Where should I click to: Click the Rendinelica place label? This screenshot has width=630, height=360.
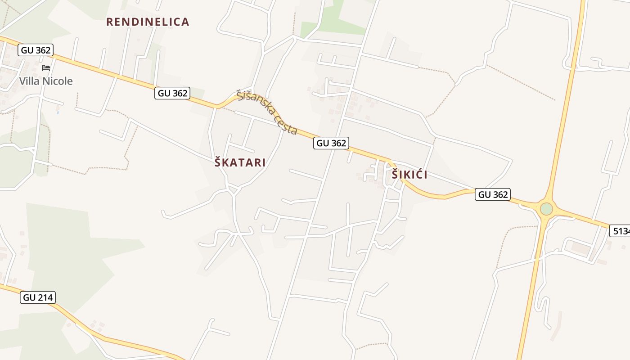(x=148, y=22)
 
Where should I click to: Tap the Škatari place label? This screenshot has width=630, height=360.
(x=240, y=162)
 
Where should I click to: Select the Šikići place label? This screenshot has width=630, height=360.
(x=409, y=175)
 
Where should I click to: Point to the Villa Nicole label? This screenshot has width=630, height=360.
(x=45, y=81)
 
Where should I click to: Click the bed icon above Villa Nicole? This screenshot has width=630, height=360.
(x=46, y=68)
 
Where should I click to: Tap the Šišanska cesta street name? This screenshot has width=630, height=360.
(x=267, y=112)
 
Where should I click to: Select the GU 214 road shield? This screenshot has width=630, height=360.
(x=38, y=297)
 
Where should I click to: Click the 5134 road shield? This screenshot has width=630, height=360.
(x=621, y=231)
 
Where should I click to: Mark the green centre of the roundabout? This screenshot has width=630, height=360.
(x=546, y=209)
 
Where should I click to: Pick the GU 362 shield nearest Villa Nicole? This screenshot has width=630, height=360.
(x=36, y=50)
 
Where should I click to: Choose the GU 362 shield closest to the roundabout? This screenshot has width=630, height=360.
(x=493, y=194)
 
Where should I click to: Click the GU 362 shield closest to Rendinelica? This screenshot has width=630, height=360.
(x=172, y=93)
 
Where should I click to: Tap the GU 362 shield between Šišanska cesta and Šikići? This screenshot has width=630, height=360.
(x=331, y=143)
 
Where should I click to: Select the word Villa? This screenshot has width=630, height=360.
(x=28, y=81)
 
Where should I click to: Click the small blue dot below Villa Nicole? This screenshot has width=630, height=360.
(x=58, y=112)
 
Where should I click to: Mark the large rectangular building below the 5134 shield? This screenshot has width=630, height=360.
(x=581, y=247)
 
